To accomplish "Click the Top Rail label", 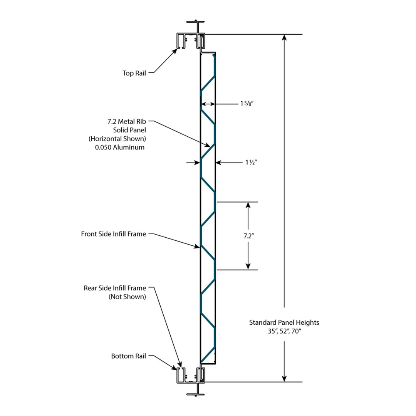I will tap(134, 73).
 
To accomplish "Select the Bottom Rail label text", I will tap(129, 356).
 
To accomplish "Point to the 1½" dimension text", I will tap(251, 163).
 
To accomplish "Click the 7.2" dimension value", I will tap(248, 237).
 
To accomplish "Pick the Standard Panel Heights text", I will tap(284, 322).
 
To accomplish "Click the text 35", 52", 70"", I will tap(284, 331).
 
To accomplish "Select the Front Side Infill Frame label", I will tap(114, 234).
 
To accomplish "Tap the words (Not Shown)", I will tap(127, 297).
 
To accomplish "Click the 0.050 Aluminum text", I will tap(120, 147).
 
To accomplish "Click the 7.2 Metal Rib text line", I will tap(127, 121).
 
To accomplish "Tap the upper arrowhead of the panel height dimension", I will tap(284, 38).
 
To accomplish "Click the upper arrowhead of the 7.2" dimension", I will tap(248, 205).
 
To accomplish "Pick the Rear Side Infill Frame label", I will tap(115, 288).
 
